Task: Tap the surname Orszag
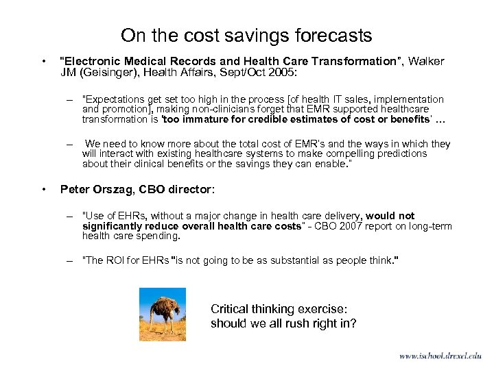[x=113, y=188]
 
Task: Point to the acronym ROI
[x=113, y=261]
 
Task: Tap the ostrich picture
[x=162, y=313]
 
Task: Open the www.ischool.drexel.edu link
[x=439, y=356]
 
